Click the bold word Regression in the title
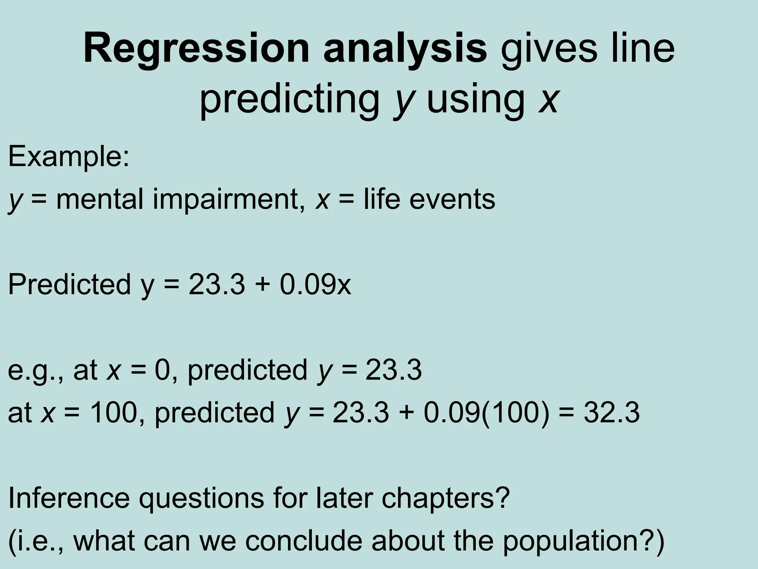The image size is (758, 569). (196, 50)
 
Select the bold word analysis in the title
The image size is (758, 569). (405, 50)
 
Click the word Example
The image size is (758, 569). (68, 157)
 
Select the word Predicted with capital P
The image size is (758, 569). (69, 284)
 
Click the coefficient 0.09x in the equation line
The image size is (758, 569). (315, 284)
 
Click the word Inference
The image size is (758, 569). (69, 498)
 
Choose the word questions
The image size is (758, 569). (202, 498)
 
